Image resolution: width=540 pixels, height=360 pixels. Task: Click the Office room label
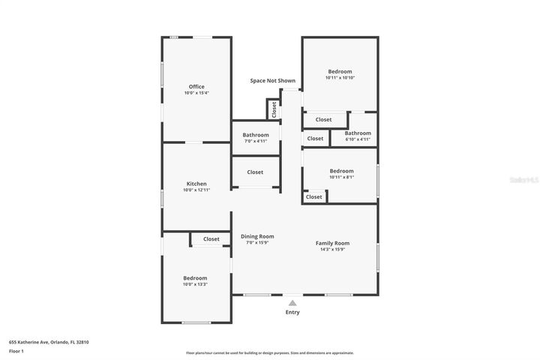[x=196, y=86]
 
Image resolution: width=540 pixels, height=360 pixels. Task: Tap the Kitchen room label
[x=196, y=184]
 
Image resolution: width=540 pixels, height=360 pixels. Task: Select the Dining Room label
[x=257, y=236]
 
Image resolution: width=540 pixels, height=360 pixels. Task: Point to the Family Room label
[x=332, y=243]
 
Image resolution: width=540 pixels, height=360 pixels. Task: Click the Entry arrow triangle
[x=292, y=302]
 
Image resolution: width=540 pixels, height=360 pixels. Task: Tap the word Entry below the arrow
[x=292, y=313]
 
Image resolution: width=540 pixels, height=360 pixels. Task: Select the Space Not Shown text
[x=273, y=80]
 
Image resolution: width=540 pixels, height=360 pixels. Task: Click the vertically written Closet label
[x=274, y=109]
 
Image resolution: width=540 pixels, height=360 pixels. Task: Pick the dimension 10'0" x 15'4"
[x=196, y=93]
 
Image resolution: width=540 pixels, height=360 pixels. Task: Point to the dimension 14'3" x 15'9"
[x=332, y=250]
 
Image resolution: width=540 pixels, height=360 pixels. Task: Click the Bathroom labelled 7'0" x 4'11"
[x=255, y=135]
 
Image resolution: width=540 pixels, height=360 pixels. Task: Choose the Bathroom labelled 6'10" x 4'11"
[x=358, y=133]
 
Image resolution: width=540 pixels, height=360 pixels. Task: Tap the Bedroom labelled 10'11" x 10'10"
[x=340, y=71]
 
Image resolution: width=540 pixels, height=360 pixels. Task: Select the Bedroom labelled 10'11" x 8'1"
[x=341, y=170]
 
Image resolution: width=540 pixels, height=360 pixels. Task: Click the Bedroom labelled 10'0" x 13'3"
[x=195, y=277]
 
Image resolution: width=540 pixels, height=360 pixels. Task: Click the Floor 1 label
[x=16, y=351]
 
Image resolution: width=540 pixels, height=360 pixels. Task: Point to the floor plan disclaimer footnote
[x=270, y=352]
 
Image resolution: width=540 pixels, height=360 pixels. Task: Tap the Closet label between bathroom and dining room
[x=255, y=172]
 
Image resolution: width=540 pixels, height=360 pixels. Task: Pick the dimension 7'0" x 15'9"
[x=257, y=243]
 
